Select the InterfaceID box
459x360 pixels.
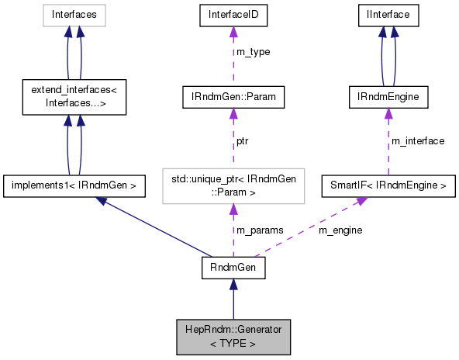coord(233,14)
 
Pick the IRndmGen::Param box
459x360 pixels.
coord(233,97)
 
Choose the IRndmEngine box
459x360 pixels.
coord(388,97)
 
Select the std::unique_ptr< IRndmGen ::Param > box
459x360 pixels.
coord(233,185)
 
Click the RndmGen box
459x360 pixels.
coord(233,268)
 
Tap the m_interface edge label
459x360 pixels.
coord(417,141)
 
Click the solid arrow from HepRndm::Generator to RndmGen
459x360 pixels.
coord(233,298)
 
